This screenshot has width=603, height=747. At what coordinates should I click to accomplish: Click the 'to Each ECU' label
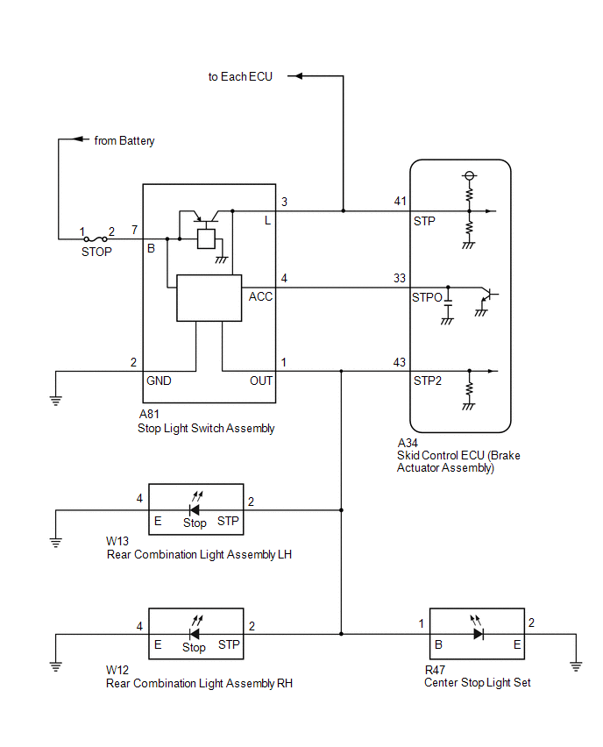click(x=240, y=76)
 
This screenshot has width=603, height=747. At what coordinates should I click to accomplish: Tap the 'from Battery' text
click(x=124, y=140)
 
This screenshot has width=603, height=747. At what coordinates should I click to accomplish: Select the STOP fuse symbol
click(x=96, y=239)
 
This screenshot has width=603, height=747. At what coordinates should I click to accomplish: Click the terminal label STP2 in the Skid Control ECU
click(x=427, y=381)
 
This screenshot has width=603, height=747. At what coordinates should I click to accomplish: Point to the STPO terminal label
click(x=427, y=297)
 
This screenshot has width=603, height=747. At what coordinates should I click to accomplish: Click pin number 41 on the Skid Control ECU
click(x=400, y=201)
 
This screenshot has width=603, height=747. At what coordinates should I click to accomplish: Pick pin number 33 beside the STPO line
click(x=400, y=278)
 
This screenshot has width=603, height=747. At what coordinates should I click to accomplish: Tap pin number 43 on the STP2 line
click(x=400, y=362)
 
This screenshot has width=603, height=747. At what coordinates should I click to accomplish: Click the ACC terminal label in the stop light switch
click(x=260, y=296)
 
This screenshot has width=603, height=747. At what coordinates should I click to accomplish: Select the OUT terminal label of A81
click(x=261, y=381)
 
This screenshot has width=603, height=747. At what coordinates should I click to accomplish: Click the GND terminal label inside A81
click(x=159, y=381)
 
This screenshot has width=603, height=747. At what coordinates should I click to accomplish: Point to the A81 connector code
click(x=149, y=414)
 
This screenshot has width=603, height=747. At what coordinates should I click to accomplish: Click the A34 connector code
click(x=408, y=443)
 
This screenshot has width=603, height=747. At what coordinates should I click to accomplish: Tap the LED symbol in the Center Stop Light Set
click(x=478, y=629)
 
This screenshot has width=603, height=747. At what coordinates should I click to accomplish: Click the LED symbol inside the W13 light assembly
click(x=195, y=505)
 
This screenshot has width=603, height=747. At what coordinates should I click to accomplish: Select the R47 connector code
click(x=435, y=670)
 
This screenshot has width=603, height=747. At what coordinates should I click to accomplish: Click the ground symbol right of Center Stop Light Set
click(x=576, y=666)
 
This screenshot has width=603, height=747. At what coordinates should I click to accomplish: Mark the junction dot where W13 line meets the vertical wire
click(x=341, y=510)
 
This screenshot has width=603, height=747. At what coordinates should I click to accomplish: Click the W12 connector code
click(x=117, y=670)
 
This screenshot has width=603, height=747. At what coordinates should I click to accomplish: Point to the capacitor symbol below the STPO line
click(x=448, y=306)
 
